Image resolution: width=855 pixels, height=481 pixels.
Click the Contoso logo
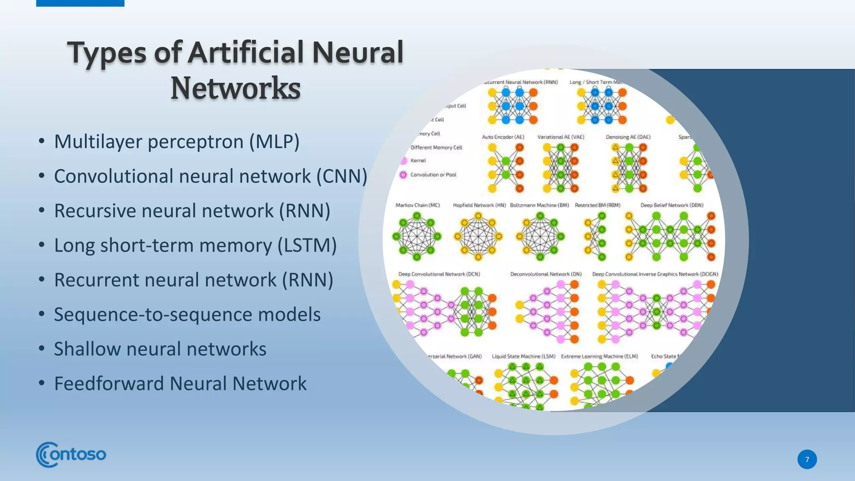pyautogui.click(x=71, y=454)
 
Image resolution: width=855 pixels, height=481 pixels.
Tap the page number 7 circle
pyautogui.click(x=807, y=459)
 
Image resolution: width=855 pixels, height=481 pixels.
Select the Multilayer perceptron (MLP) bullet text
pyautogui.click(x=177, y=142)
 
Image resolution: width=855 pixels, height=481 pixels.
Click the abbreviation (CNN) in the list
pyautogui.click(x=341, y=176)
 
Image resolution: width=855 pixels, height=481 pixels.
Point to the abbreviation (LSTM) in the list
pyautogui.click(x=307, y=246)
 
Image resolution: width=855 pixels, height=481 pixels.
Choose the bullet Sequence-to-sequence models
pyautogui.click(x=187, y=314)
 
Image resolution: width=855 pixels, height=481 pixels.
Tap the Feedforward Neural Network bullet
pyautogui.click(x=180, y=384)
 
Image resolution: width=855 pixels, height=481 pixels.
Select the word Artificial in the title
pyautogui.click(x=246, y=53)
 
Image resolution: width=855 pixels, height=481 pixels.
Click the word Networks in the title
pyautogui.click(x=235, y=88)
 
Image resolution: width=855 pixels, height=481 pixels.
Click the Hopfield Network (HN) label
pyautogui.click(x=479, y=205)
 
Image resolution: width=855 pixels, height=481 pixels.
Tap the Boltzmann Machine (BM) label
pyautogui.click(x=539, y=205)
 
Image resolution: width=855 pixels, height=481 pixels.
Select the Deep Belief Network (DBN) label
pyautogui.click(x=672, y=205)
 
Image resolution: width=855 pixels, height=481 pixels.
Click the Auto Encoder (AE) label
pyautogui.click(x=503, y=137)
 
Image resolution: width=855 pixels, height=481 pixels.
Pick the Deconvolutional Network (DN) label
pyautogui.click(x=546, y=274)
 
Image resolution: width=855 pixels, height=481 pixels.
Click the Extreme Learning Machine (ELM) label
pyautogui.click(x=599, y=356)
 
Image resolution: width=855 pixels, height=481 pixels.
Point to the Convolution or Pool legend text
pyautogui.click(x=433, y=175)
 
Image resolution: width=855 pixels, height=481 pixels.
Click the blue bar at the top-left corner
pyautogui.click(x=80, y=3)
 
